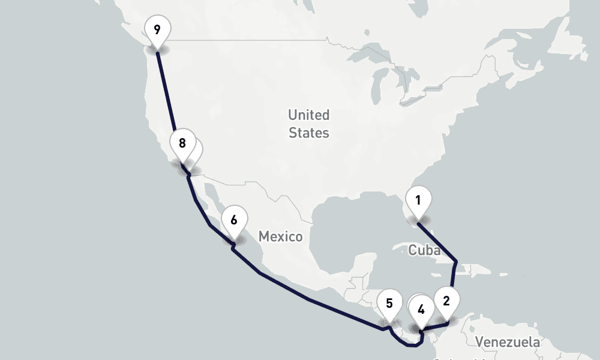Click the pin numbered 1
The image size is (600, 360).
418,199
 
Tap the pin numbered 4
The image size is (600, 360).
421,310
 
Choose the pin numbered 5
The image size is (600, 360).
389,304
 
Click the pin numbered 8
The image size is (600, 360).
182,143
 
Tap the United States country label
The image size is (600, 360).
309,124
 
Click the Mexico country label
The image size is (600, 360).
281,236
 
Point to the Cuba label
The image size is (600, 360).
424,250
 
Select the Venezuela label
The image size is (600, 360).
507,342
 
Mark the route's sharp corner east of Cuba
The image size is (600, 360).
457,262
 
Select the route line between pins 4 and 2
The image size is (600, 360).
435,326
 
